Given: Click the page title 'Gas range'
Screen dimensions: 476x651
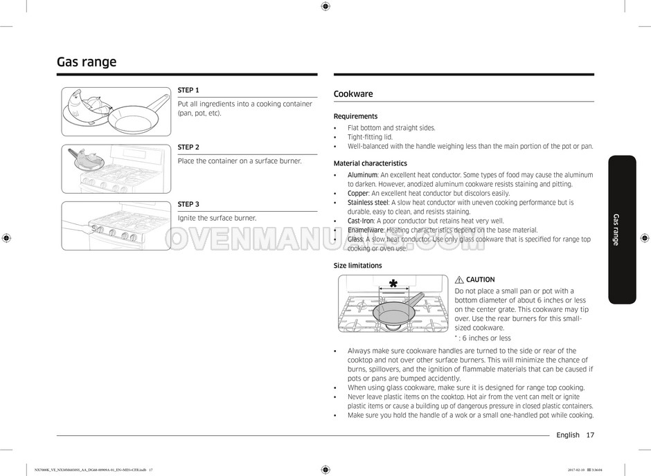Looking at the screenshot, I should point(87,62).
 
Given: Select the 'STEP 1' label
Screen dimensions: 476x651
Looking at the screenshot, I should point(188,90).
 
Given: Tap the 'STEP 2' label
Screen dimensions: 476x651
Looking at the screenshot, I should point(188,147).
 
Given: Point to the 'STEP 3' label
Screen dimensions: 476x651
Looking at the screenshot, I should point(188,204).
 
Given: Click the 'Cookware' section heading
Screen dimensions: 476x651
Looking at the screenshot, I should point(353,94).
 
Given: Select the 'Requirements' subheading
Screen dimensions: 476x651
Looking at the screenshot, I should point(355,116).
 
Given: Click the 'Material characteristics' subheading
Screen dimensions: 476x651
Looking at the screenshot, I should point(370,163).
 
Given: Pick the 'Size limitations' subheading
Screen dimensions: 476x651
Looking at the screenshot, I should point(357,266).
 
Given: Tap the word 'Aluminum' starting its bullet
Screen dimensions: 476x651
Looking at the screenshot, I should point(362,175).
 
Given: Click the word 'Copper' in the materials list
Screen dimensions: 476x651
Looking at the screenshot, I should point(358,194).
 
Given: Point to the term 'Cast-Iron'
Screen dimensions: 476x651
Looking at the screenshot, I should point(360,221).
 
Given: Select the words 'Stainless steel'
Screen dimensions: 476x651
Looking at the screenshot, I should point(368,203).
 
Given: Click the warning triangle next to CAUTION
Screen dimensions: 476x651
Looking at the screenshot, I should point(459,280).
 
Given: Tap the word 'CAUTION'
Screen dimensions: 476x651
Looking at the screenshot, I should point(481,280).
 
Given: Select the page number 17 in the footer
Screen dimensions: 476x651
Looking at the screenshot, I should point(589,435).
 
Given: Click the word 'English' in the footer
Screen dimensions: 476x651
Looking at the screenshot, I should point(567,435).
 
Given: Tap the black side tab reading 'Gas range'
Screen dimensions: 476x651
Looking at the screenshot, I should point(622,229).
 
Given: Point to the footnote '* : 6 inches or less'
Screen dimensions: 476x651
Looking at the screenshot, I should point(483,338).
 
